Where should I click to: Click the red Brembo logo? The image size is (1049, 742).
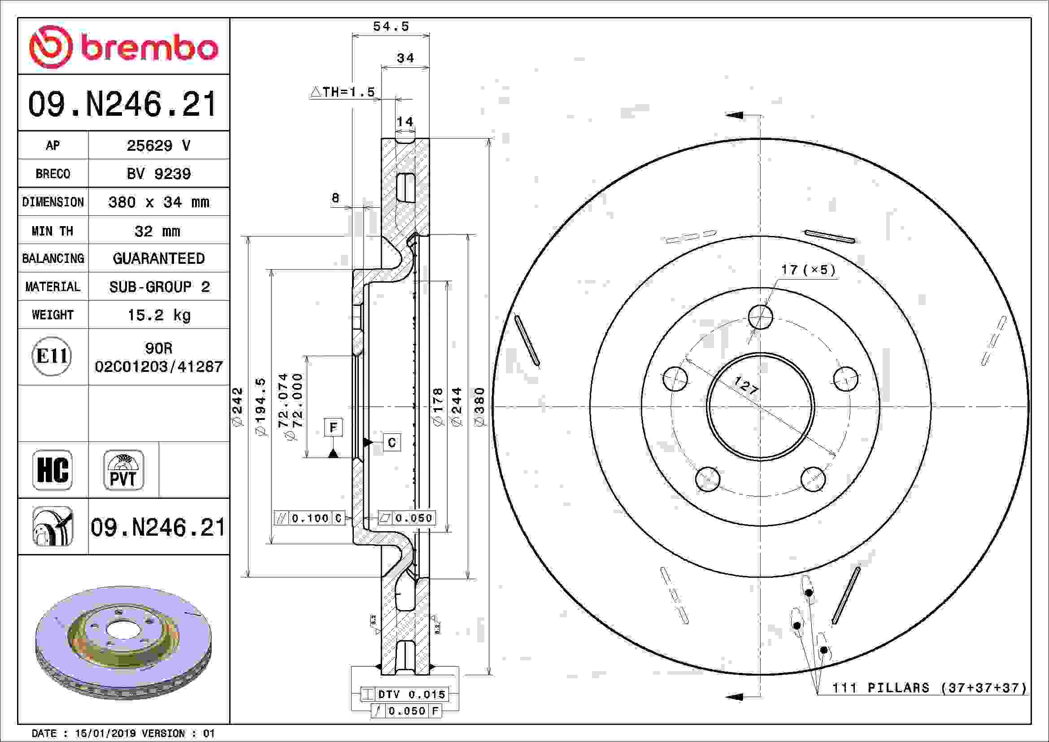tap(123, 47)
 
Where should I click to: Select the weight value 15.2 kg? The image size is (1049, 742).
tap(158, 315)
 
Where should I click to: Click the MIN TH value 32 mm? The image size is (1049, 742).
tap(157, 231)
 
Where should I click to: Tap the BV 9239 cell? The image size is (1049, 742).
tap(158, 174)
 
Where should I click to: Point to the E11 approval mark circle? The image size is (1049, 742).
tap(52, 356)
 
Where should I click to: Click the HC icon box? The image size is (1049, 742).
tap(52, 470)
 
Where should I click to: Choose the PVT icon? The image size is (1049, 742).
tap(123, 470)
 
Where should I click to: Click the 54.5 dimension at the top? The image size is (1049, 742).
tap(391, 26)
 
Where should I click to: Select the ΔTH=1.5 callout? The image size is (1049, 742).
tap(343, 92)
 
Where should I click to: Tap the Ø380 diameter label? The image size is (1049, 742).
tap(479, 406)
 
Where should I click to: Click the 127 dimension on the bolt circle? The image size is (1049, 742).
tap(746, 386)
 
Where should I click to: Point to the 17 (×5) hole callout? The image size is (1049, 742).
tap(808, 270)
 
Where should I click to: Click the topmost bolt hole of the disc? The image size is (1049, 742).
tap(761, 317)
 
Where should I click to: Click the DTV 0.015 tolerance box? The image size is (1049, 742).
tap(405, 694)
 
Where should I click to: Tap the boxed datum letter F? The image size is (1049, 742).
tap(333, 427)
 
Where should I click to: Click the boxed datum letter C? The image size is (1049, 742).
tap(392, 442)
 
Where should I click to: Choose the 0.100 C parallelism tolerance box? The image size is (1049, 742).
tap(309, 518)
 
